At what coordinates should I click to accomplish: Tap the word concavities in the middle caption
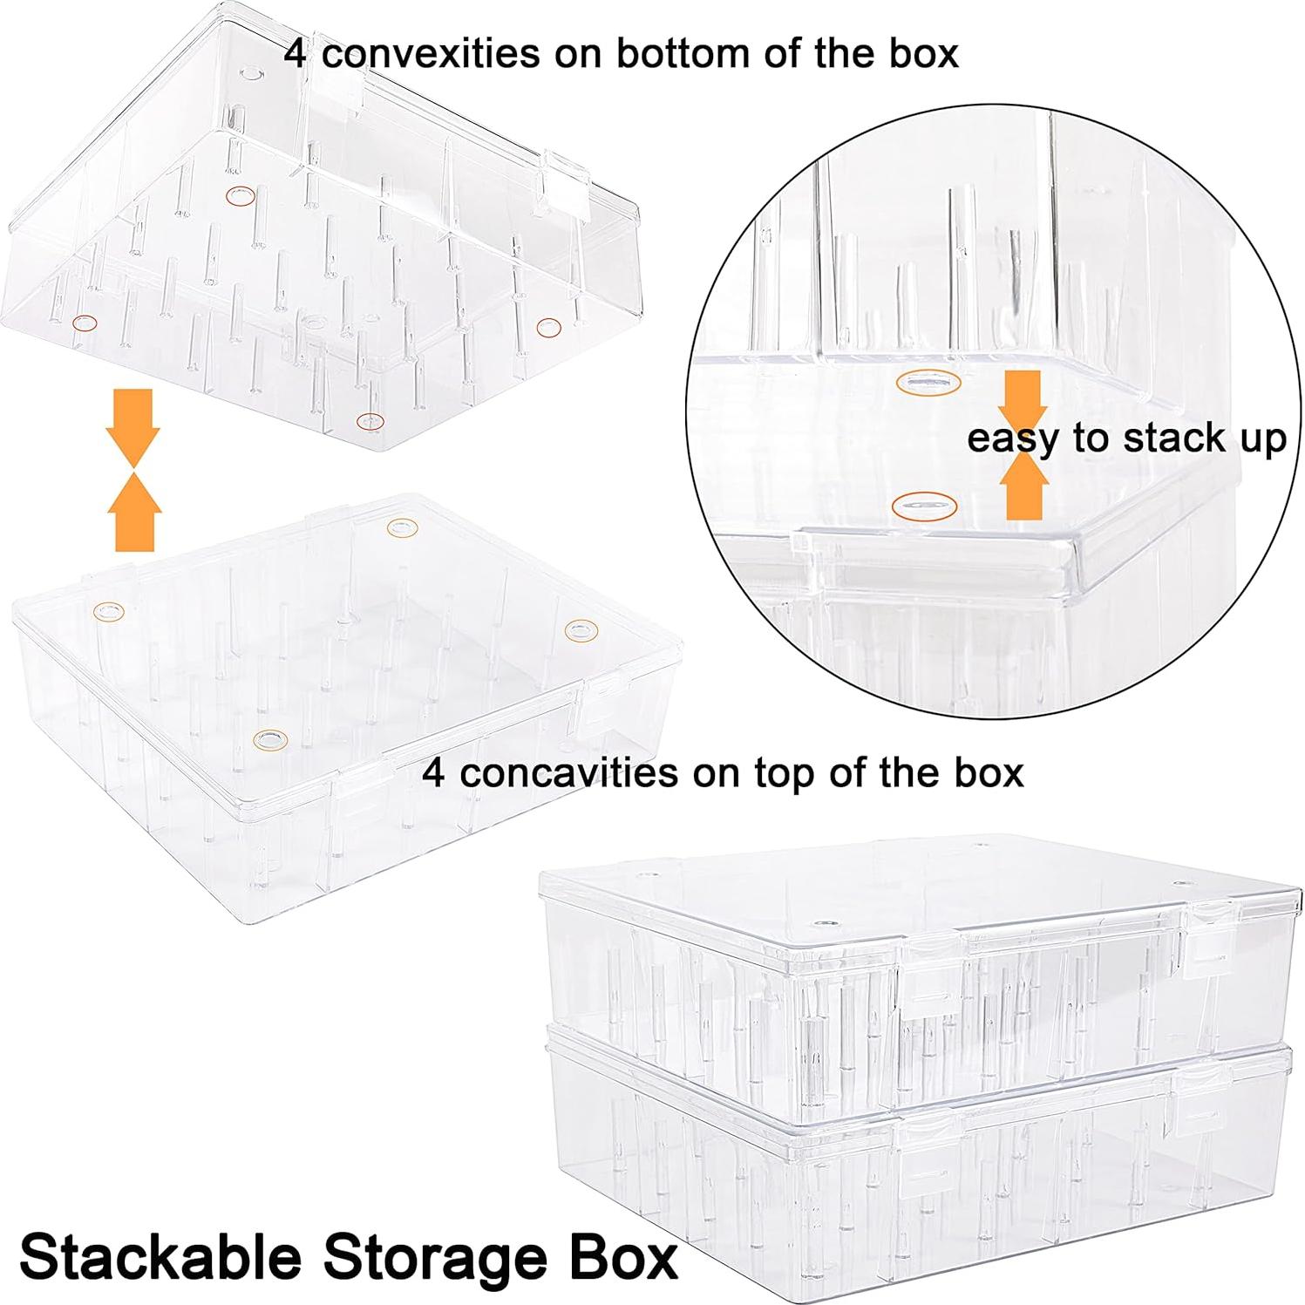[x=570, y=772]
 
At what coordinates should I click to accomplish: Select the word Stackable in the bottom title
[x=160, y=1257]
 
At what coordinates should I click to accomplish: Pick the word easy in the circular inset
[x=1015, y=439]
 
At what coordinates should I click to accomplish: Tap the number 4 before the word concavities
[x=434, y=772]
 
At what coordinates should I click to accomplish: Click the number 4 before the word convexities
[x=296, y=54]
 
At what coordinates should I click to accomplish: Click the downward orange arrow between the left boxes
[x=133, y=425]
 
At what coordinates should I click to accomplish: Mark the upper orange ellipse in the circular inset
[x=928, y=382]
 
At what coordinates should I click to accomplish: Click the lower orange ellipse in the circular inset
[x=925, y=505]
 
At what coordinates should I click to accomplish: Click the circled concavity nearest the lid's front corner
[x=269, y=740]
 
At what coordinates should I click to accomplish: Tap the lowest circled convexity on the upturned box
[x=370, y=421]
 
